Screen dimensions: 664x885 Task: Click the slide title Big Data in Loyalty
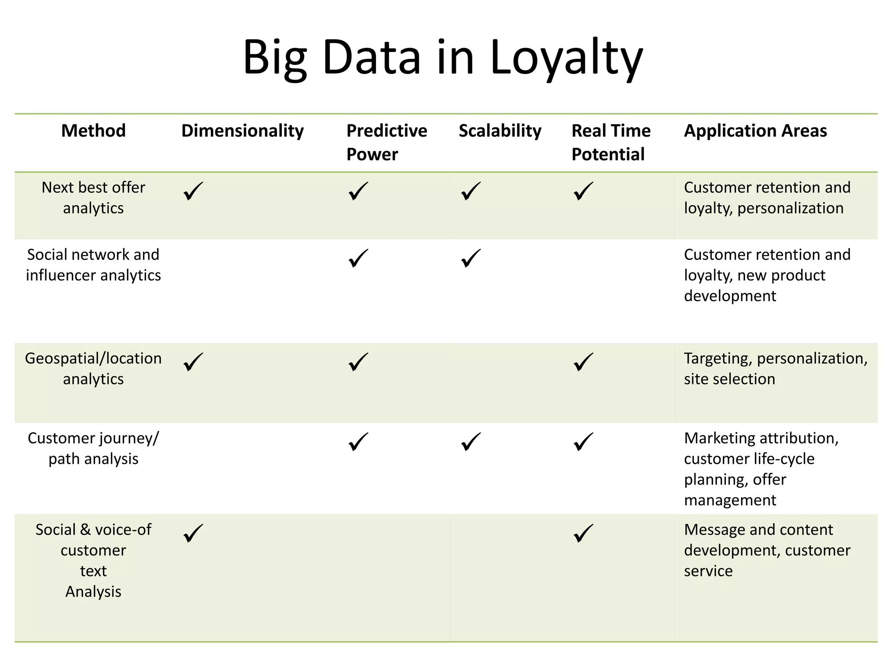coord(442,58)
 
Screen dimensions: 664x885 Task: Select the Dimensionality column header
coord(242,131)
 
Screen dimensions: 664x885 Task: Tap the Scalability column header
coord(500,131)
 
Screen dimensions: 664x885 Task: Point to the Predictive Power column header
coord(386,142)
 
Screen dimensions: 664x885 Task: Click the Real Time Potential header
coord(611,142)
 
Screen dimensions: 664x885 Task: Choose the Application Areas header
coord(755,131)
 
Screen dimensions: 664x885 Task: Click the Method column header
coord(93,131)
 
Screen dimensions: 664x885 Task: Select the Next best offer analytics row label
coord(93,198)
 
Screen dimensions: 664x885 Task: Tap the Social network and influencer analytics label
coord(93,265)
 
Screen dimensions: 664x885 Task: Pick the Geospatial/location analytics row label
coord(93,368)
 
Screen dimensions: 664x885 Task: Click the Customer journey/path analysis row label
coord(93,448)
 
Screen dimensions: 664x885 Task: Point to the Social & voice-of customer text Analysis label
coord(93,560)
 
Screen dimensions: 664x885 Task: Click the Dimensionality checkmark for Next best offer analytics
coord(193,191)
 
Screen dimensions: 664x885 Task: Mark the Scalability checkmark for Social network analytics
coord(471,258)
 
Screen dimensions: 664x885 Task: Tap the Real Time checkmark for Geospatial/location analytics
coord(583,362)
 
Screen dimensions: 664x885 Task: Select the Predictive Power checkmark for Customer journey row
coord(358,441)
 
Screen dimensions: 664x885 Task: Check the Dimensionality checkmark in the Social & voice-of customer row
coord(193,533)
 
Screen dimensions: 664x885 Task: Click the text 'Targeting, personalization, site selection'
coord(775,368)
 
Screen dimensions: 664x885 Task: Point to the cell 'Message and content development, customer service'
coord(767,550)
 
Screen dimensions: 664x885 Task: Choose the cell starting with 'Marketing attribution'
coord(761,469)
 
